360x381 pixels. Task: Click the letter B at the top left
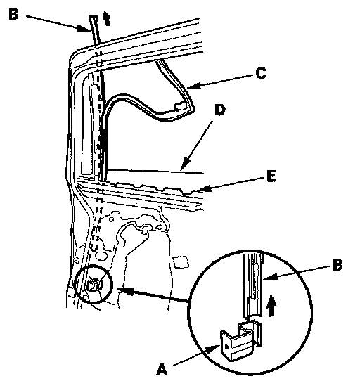(x=13, y=14)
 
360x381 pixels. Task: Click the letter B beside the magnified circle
(x=337, y=265)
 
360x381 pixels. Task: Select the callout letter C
(x=261, y=73)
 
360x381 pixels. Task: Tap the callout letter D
(x=220, y=110)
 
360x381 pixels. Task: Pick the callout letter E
(x=271, y=176)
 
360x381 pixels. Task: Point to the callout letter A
(x=162, y=369)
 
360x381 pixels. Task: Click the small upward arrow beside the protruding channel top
(x=106, y=18)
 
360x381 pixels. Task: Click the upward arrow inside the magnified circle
(x=271, y=306)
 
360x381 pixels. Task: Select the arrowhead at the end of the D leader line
(x=184, y=165)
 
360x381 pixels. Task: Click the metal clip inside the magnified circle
(x=240, y=341)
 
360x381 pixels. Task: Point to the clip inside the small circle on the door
(x=94, y=285)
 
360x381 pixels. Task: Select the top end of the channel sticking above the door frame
(x=94, y=17)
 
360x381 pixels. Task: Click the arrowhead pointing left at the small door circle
(x=126, y=291)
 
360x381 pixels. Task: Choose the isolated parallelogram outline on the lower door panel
(x=181, y=261)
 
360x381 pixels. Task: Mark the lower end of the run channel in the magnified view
(x=253, y=316)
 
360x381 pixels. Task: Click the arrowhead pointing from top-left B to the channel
(x=84, y=28)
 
